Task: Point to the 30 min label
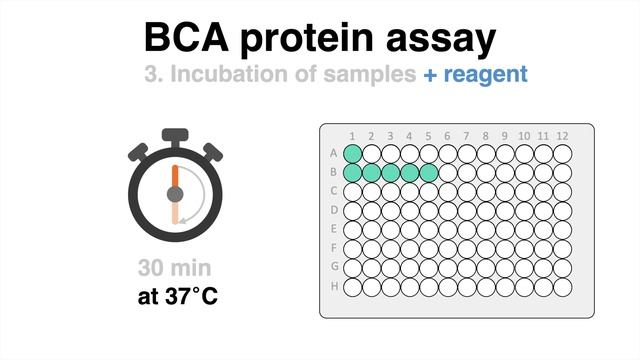(175, 269)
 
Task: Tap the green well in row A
(353, 154)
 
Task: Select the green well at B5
(429, 173)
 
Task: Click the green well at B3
(391, 173)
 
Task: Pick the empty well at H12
(562, 287)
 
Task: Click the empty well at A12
(562, 154)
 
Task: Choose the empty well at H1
(353, 287)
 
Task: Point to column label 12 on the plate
(562, 136)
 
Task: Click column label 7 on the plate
(467, 136)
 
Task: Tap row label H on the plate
(333, 287)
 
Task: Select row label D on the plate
(333, 211)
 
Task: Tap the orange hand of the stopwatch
(175, 172)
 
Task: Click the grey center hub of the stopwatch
(175, 192)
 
